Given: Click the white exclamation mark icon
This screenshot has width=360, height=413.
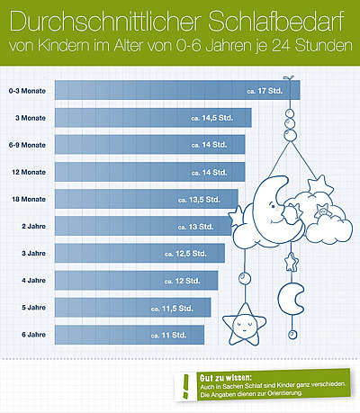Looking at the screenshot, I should [185, 384].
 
